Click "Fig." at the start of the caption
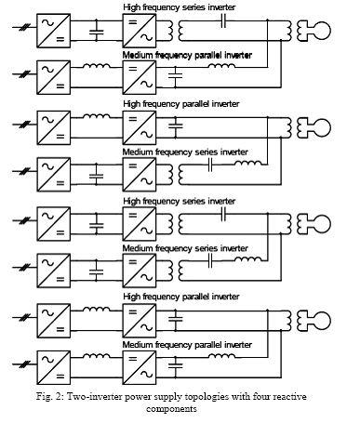coord(44,397)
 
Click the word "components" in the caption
coord(171,409)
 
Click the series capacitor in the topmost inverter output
coord(223,21)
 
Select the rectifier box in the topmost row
coord(53,31)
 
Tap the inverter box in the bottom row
coord(140,367)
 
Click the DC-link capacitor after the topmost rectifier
coord(97,32)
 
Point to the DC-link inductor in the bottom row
coord(97,356)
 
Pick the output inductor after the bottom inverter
coord(221,356)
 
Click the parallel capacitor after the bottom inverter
coord(176,365)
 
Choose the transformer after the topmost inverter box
coord(175,31)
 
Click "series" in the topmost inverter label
coord(193,7)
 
